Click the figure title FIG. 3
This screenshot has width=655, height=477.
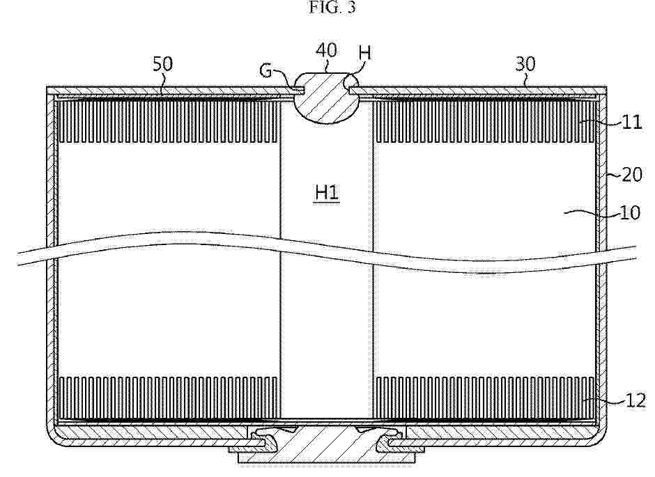(x=332, y=7)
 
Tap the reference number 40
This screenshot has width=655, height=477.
(x=326, y=50)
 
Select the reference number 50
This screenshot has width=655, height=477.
(x=162, y=64)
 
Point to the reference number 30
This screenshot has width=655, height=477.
(x=525, y=64)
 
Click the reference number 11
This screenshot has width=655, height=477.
(x=631, y=123)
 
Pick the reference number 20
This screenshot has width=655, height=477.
(x=632, y=175)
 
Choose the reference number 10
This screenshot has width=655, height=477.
(x=631, y=213)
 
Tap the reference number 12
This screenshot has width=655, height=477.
(x=635, y=400)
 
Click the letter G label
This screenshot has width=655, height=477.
(x=266, y=70)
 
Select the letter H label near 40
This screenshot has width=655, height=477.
(x=364, y=53)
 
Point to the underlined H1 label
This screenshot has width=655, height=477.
(x=326, y=193)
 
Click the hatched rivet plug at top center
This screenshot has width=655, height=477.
(x=326, y=98)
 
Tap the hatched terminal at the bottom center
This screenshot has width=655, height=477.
(x=326, y=444)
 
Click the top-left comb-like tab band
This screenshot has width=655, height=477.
(x=169, y=122)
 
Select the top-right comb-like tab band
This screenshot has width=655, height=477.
(x=484, y=122)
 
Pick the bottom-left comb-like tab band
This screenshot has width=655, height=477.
(x=169, y=398)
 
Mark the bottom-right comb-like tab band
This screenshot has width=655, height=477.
(x=484, y=398)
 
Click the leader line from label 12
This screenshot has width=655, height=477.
(x=603, y=402)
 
